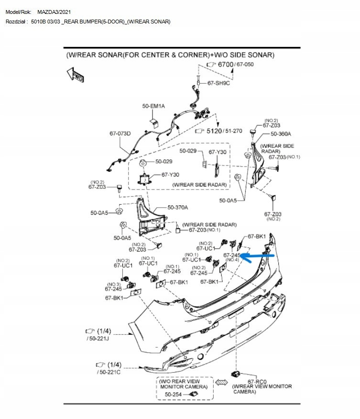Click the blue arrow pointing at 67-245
(x=258, y=256)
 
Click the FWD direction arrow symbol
(x=76, y=75)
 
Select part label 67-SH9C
(x=218, y=83)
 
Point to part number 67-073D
(x=120, y=133)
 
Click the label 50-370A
(x=177, y=208)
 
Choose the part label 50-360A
(x=281, y=134)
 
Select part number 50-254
(x=174, y=394)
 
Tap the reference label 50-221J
(x=98, y=339)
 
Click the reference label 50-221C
(x=109, y=372)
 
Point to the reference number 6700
(x=225, y=65)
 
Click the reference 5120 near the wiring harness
(x=213, y=130)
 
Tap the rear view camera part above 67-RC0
(x=235, y=373)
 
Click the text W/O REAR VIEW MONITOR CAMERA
(x=184, y=384)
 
